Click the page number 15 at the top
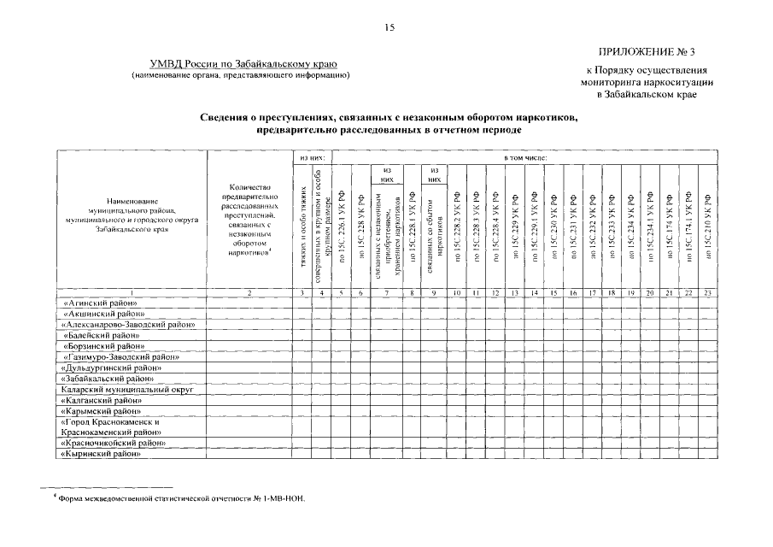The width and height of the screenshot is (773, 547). point(389,28)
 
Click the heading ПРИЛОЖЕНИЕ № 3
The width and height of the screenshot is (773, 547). point(652,53)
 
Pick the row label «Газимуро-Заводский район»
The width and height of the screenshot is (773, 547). point(120,356)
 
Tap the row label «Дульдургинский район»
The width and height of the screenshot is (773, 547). point(111,368)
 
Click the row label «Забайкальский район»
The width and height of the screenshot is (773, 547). point(108,378)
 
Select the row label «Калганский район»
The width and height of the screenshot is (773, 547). point(102,399)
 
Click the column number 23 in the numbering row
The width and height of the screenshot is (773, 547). point(707,293)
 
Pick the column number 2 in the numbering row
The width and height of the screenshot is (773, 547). point(249,293)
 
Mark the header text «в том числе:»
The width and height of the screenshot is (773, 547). point(526,158)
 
